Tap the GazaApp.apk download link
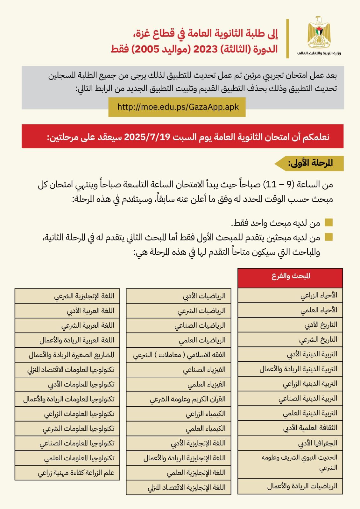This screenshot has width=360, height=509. [x=178, y=107]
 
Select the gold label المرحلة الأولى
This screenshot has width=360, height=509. [x=310, y=163]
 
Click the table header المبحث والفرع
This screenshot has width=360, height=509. [x=291, y=276]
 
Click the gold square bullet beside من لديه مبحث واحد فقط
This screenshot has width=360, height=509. [x=328, y=223]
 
